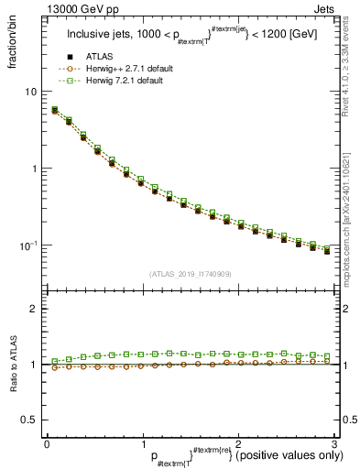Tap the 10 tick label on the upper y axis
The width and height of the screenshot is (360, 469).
tap(30, 92)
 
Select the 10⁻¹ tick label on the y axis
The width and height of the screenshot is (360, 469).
tap(28, 245)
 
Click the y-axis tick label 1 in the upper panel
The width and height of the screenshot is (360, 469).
tap(34, 169)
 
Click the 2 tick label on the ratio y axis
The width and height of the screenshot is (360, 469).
tap(34, 309)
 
